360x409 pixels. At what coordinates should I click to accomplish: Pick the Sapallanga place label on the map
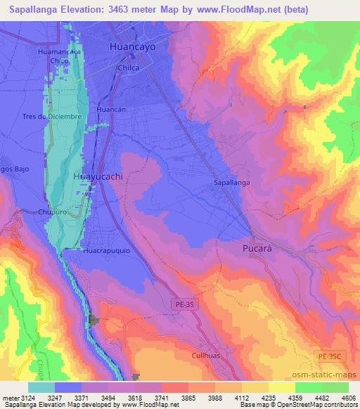[x=231, y=183]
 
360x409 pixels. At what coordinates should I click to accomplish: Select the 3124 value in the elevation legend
[x=25, y=397]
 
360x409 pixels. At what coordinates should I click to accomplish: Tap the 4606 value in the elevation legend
[x=348, y=397]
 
